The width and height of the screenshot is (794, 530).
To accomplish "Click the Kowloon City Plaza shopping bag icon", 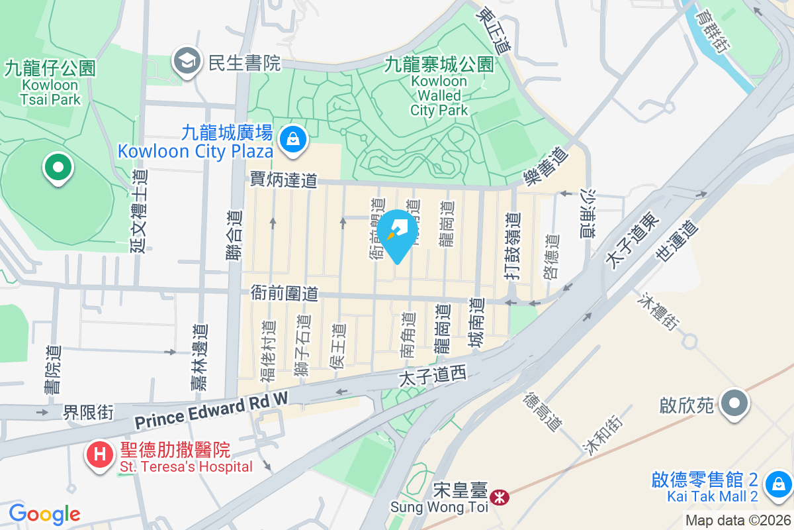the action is click(291, 139).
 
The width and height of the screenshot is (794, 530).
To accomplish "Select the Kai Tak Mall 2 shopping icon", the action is click(778, 486).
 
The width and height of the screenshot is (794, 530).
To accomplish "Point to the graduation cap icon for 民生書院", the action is click(187, 62).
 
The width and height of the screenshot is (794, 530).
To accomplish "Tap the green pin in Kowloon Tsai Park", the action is click(58, 166).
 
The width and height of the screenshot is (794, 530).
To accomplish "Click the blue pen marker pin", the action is click(397, 232).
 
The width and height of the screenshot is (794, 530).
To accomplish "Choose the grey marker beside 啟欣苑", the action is click(734, 403).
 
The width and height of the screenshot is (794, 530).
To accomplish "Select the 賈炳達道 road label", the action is click(284, 180).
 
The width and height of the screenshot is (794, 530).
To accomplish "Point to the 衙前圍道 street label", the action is click(284, 293).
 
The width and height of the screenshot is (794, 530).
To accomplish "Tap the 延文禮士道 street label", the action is click(139, 209).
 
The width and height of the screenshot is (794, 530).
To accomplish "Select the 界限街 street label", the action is click(88, 413).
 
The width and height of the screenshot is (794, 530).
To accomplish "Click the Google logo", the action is click(44, 513).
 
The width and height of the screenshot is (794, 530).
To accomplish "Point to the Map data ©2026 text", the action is click(738, 521).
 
